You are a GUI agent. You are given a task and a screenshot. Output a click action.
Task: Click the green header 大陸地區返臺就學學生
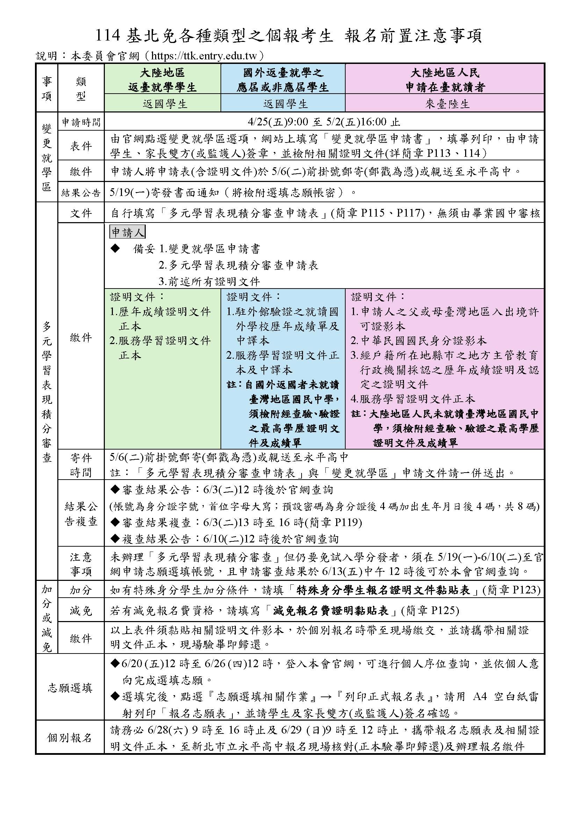point(162,80)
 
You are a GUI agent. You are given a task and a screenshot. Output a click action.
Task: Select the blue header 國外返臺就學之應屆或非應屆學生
point(283,80)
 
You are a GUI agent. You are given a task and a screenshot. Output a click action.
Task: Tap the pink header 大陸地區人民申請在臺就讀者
point(445,80)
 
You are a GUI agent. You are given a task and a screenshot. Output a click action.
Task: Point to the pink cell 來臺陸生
point(445,104)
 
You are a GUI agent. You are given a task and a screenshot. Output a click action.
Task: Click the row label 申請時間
point(81,122)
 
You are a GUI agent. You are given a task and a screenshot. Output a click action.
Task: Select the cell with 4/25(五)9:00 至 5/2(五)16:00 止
point(324,122)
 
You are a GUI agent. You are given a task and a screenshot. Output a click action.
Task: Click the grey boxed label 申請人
point(128,232)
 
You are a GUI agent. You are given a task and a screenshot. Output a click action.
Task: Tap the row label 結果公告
point(81,193)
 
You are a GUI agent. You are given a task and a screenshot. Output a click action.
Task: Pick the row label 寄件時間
point(81,465)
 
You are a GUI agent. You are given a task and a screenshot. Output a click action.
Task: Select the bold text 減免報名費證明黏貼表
point(335,611)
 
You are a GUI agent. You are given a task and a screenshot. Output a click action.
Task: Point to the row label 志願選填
point(70,688)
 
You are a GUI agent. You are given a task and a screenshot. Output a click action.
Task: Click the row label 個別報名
point(70,738)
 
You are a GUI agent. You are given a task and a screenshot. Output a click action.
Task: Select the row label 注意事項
point(81,564)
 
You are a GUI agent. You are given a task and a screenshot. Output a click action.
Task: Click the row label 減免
point(81,611)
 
